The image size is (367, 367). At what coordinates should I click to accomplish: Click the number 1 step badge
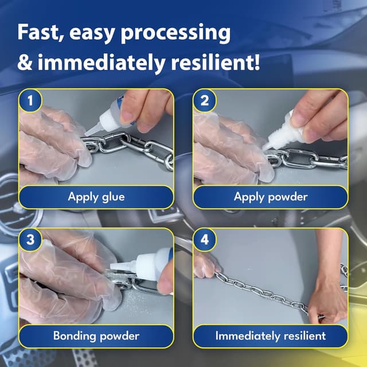pyautogui.click(x=30, y=100)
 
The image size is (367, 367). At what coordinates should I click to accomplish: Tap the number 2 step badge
pyautogui.click(x=205, y=100)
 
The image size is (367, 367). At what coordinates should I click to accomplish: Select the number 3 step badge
pyautogui.click(x=30, y=240)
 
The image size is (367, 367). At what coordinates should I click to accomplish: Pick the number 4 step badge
pyautogui.click(x=205, y=240)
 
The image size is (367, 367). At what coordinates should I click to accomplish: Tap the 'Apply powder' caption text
pyautogui.click(x=271, y=197)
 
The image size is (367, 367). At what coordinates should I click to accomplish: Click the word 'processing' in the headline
pyautogui.click(x=175, y=33)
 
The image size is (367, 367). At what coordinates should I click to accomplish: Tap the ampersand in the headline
pyautogui.click(x=25, y=63)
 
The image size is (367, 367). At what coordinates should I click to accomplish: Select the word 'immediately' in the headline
pyautogui.click(x=101, y=63)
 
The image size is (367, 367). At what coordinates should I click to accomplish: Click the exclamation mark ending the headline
pyautogui.click(x=257, y=62)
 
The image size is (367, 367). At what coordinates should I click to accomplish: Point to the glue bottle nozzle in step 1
pyautogui.click(x=92, y=130)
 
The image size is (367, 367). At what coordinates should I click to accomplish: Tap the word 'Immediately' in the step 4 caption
pyautogui.click(x=248, y=336)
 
